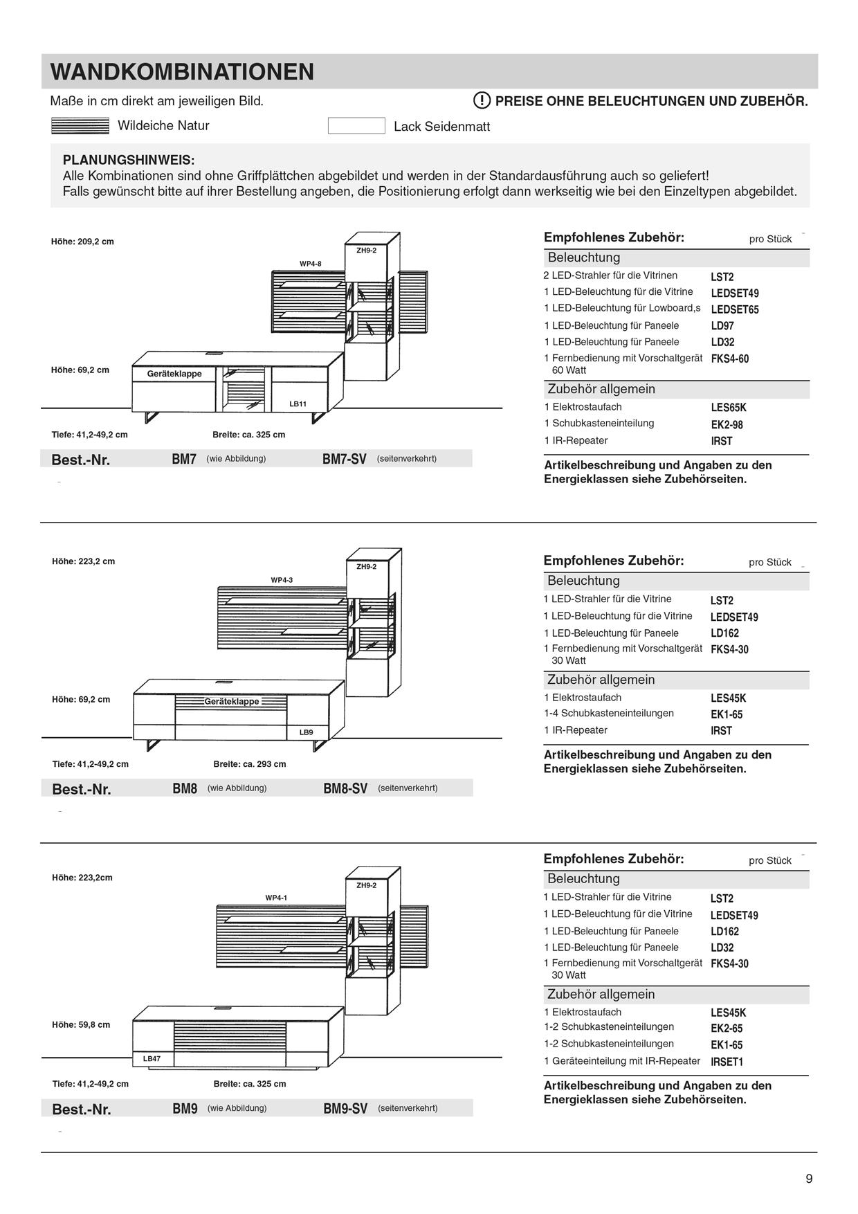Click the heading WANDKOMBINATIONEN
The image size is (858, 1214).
pos(182,72)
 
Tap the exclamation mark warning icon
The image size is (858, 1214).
pos(482,100)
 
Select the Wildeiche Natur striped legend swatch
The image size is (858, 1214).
pos(80,126)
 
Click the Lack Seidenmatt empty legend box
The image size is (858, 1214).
pos(356,126)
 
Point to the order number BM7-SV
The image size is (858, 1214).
pos(344,459)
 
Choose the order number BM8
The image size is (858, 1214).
pos(185,788)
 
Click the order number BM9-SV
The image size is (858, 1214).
pos(345,1109)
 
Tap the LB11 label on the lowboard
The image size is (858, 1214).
pos(298,404)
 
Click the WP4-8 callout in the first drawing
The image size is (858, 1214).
pos(310,264)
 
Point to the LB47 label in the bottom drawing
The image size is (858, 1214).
pos(152,1059)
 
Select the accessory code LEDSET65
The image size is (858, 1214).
pos(734,309)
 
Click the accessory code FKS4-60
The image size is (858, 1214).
pos(729,359)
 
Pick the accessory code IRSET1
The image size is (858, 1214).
pos(727,1062)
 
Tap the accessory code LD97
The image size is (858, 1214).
pos(722,326)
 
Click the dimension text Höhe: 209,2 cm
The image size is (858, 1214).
pos(82,242)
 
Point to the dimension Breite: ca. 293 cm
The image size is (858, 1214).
pos(249,764)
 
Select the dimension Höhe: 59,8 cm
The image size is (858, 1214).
pos(81,1025)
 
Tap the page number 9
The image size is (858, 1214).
pos(809,1179)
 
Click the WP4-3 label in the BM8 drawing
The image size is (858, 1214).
pos(282,580)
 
